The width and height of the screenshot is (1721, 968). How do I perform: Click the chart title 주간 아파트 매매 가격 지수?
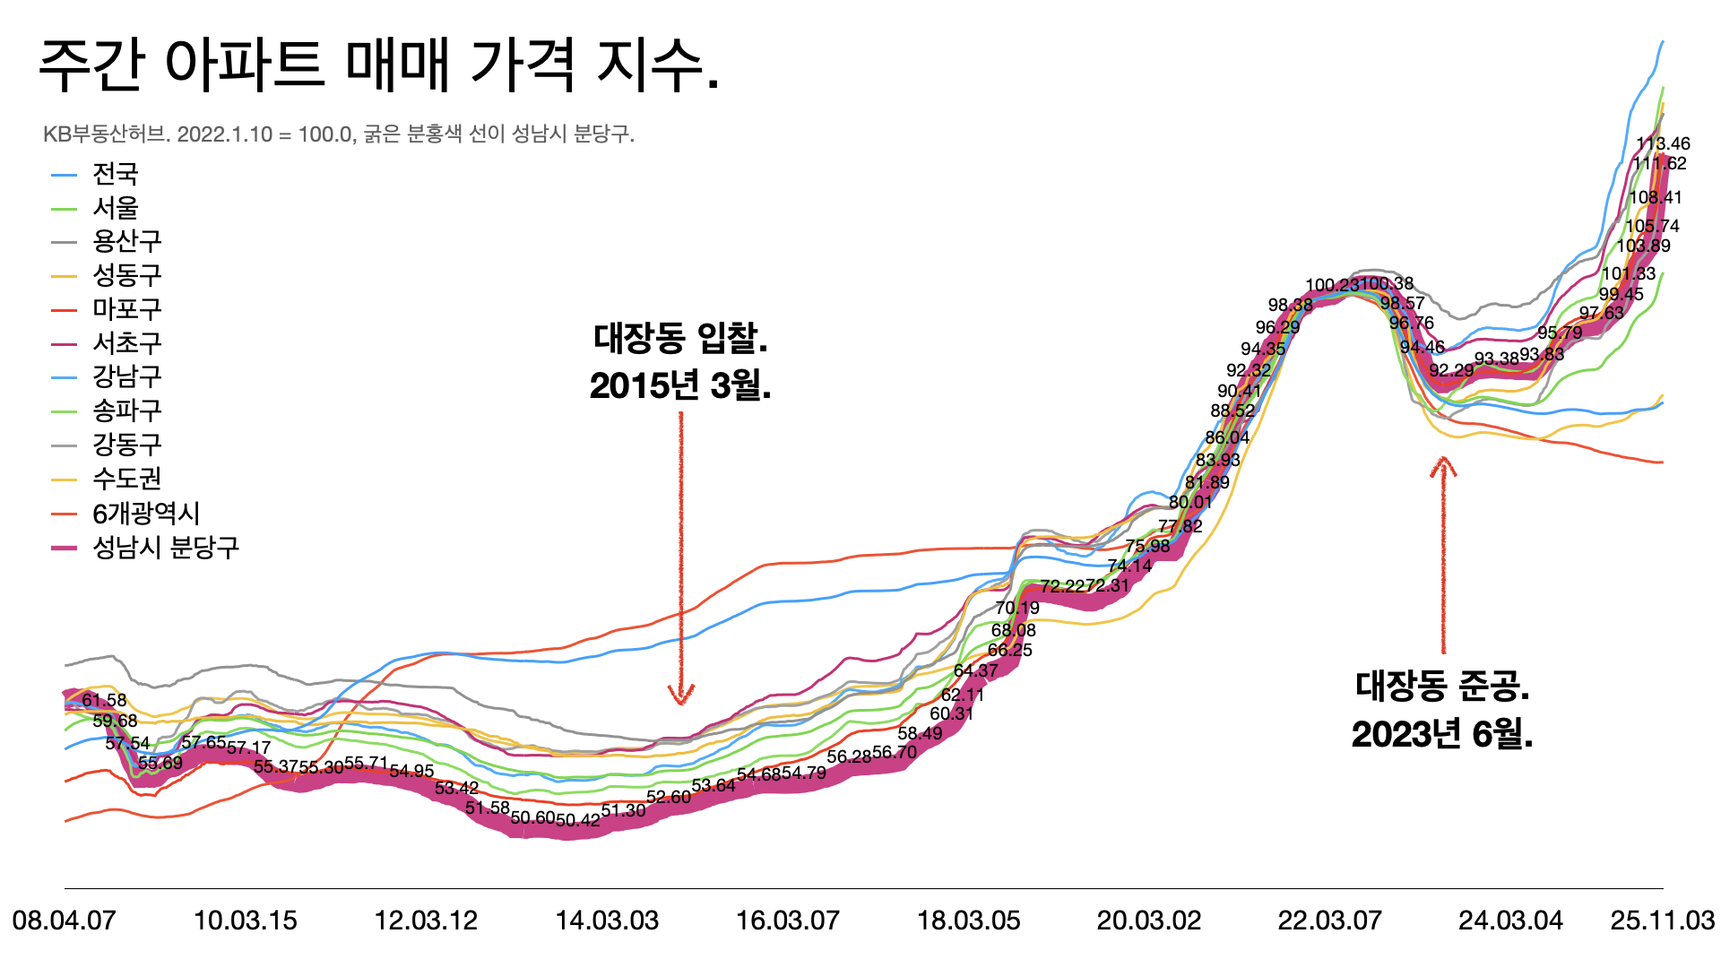tap(378, 65)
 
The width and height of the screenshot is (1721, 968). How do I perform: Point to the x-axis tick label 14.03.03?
tap(607, 920)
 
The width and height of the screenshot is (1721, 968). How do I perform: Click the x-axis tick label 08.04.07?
tap(65, 920)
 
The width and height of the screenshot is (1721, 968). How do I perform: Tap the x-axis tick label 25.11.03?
tap(1662, 920)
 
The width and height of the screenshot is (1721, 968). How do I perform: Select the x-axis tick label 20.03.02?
tap(1149, 920)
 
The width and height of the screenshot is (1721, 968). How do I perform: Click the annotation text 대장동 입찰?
tap(680, 339)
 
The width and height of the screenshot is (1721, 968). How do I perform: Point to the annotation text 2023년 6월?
tap(1442, 734)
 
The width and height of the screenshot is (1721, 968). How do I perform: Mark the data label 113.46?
tap(1663, 143)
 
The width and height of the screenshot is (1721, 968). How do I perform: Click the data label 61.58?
tap(104, 700)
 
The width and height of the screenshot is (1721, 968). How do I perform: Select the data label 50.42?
tap(578, 820)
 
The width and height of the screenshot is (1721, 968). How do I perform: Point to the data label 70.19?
tap(1017, 608)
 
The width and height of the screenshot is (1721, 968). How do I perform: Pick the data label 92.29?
tap(1451, 370)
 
